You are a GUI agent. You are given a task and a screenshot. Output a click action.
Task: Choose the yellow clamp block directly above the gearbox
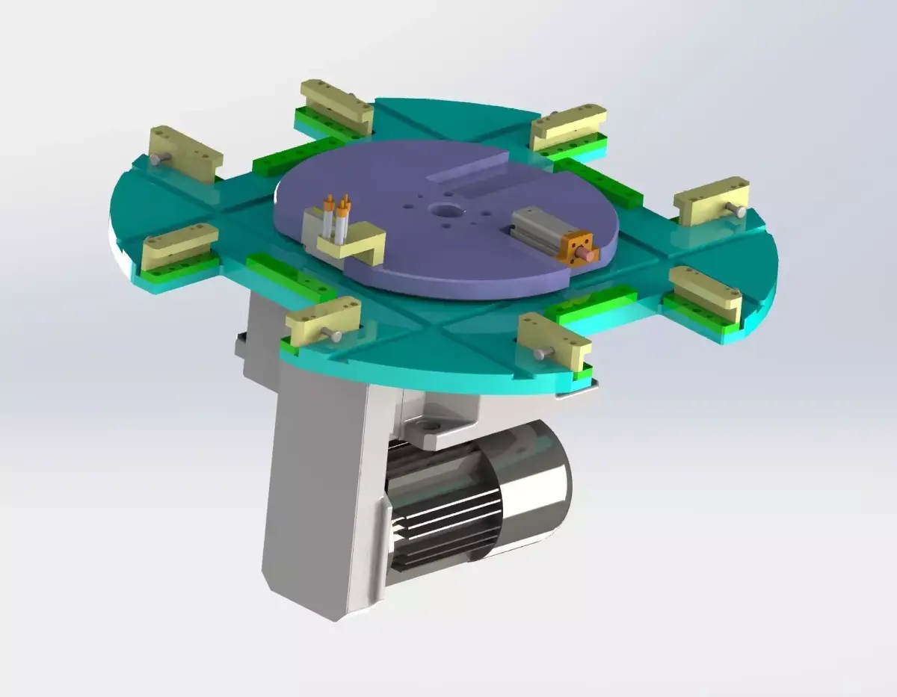point(323,321)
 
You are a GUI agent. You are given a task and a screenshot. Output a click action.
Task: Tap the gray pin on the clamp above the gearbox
point(336,336)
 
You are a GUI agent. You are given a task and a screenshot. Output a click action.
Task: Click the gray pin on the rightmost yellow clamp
point(739,211)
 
